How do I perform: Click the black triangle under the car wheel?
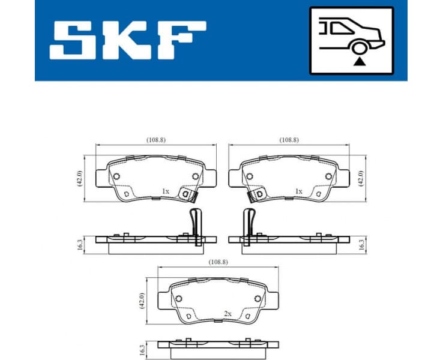(x=358, y=61)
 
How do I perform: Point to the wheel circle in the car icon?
(x=358, y=48)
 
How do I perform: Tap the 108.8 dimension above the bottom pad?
(x=217, y=262)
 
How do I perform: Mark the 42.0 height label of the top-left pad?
(x=79, y=178)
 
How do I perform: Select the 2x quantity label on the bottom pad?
(x=228, y=313)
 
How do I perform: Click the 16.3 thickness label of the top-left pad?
(x=79, y=245)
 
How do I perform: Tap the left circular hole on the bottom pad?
(x=178, y=299)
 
